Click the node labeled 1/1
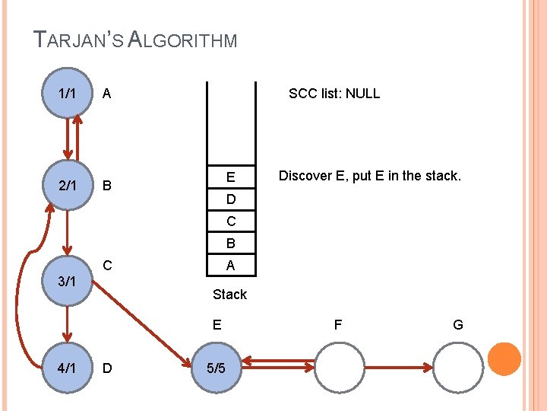67,94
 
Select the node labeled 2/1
67,185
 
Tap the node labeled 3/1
67,281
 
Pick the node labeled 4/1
67,368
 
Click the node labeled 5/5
217,368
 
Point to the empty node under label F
338,368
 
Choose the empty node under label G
458,368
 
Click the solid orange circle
504,359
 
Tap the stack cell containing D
230,200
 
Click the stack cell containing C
230,221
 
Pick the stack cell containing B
230,244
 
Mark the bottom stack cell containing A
230,265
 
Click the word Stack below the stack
229,294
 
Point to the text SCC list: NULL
334,94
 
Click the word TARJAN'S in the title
78,40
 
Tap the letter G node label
458,325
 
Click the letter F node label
338,325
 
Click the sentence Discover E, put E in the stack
369,176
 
